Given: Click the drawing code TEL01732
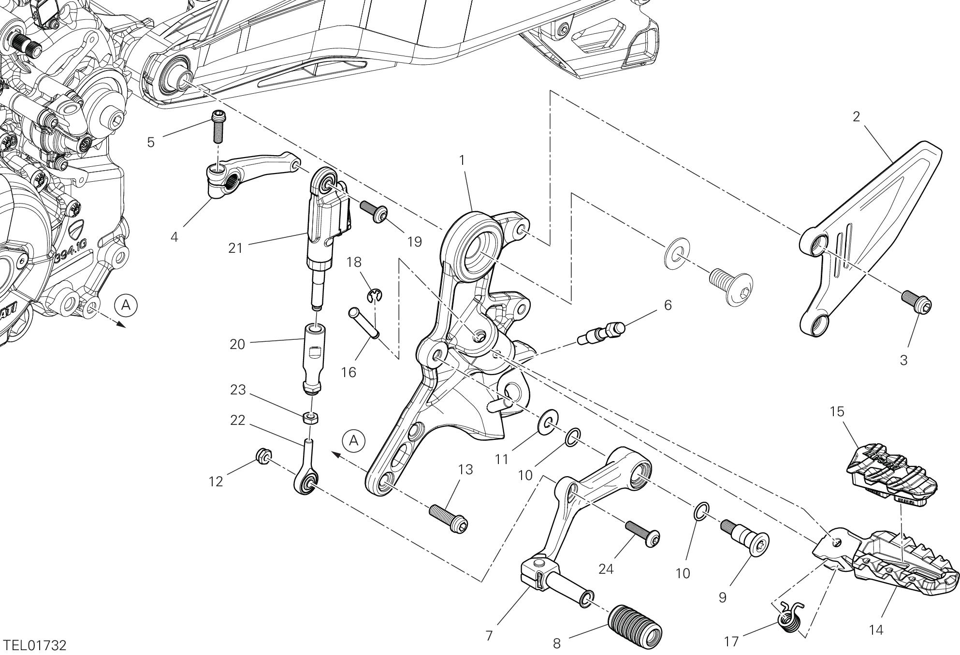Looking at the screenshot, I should coord(34,645).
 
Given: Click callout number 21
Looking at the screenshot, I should coord(235,248).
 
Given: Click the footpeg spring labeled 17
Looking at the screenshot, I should coord(791,617).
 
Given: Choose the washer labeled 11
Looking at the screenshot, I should coord(549,422).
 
